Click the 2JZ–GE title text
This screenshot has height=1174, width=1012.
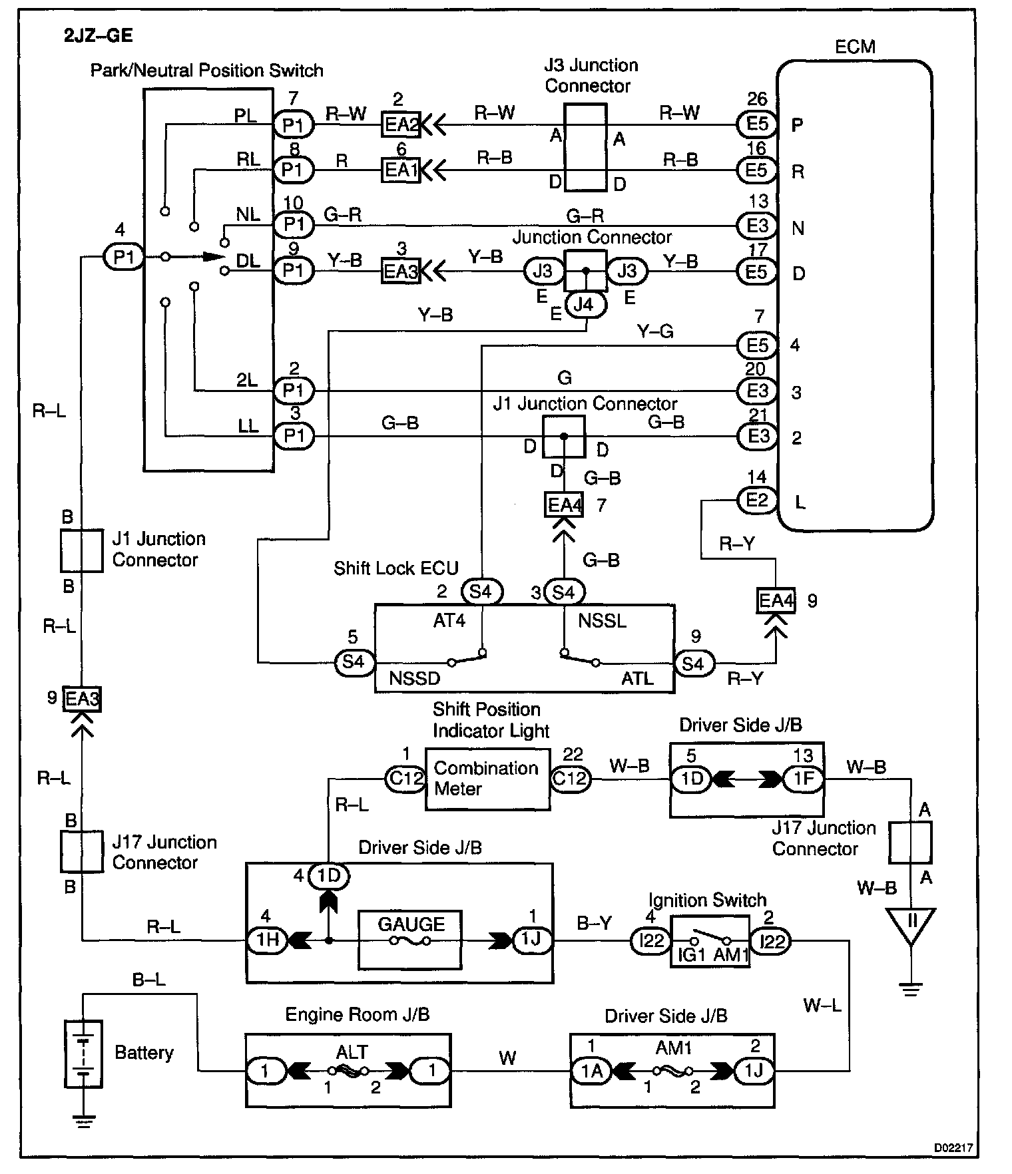point(98,36)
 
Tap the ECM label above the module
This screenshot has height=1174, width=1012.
point(855,47)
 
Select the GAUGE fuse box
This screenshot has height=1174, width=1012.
point(410,939)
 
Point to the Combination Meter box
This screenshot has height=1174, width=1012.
point(487,779)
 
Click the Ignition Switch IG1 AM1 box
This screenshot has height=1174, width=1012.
point(710,940)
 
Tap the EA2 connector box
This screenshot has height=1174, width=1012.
point(401,124)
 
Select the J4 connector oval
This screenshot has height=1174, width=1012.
point(585,304)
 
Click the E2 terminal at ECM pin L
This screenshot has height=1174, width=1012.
point(757,500)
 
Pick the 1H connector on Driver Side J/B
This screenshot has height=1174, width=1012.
point(268,940)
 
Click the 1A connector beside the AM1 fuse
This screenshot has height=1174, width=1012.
point(592,1070)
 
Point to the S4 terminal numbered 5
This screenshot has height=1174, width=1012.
point(354,662)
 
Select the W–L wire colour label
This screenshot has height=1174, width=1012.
point(822,1005)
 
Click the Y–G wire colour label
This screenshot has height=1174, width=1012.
point(655,331)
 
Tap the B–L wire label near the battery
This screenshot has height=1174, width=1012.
point(149,980)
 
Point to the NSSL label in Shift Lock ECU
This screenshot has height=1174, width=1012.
point(602,621)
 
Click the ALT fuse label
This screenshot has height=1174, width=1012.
point(352,1052)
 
